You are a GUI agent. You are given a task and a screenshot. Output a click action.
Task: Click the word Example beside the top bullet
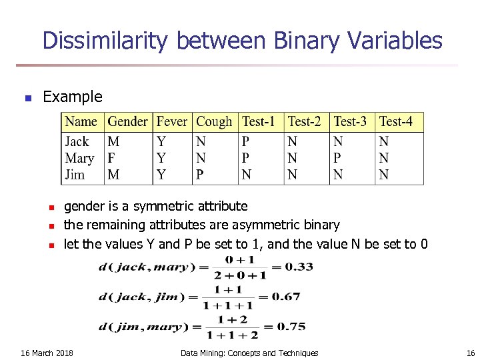tap(73, 97)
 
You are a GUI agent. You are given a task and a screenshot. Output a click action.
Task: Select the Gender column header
tap(127, 122)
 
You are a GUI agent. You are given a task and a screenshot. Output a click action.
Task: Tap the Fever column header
tap(172, 122)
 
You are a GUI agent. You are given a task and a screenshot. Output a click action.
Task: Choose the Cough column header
tap(214, 122)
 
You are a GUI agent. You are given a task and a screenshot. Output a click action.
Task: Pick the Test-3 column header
tap(350, 122)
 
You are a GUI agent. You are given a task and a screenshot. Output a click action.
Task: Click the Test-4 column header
tap(396, 122)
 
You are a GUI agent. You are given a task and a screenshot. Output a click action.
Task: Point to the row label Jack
tap(77, 141)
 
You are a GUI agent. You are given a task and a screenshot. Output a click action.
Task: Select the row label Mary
tap(79, 158)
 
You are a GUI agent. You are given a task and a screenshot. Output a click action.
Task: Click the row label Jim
tap(75, 175)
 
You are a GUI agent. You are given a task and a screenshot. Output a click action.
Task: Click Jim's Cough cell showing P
tap(200, 175)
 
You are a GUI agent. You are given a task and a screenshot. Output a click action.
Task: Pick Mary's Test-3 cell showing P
tap(337, 158)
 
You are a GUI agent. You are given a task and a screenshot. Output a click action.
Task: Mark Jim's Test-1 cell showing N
tap(247, 175)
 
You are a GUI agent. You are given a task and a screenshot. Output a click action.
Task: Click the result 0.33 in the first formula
tap(299, 267)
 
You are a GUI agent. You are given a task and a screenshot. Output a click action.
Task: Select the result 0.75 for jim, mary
tap(291, 327)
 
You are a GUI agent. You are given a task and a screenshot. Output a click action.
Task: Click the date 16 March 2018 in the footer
tap(47, 353)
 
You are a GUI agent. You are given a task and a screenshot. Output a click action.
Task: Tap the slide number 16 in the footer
tap(471, 353)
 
